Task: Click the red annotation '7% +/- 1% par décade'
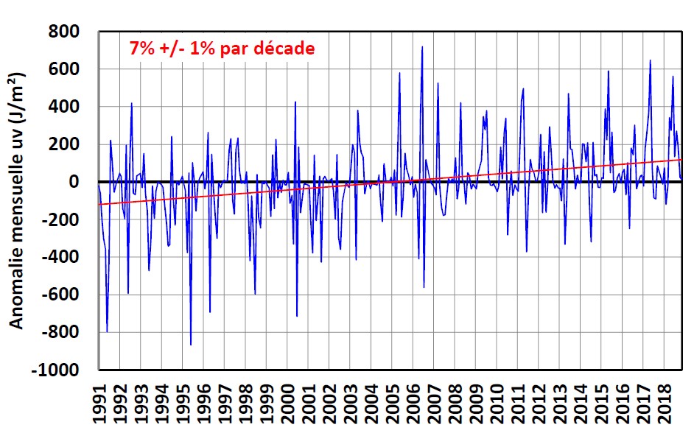tap(222, 49)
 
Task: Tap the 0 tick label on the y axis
tap(84, 182)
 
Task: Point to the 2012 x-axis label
tap(538, 405)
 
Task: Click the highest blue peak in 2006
tap(422, 47)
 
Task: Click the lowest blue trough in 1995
tap(191, 345)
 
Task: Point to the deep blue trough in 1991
tap(107, 331)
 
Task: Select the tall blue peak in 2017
tap(650, 60)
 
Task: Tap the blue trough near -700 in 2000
tap(297, 316)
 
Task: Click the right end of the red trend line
tap(681, 159)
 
